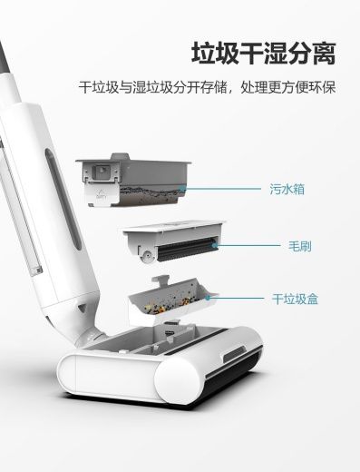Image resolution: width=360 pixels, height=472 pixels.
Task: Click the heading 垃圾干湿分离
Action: pyautogui.click(x=264, y=54)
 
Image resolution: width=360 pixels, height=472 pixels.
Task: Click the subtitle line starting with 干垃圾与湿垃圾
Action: pyautogui.click(x=207, y=87)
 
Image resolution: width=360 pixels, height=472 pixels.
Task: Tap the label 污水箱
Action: pyautogui.click(x=287, y=189)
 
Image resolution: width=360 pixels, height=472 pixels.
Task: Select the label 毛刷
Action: pyautogui.click(x=299, y=246)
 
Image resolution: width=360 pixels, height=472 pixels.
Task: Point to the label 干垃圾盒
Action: pyautogui.click(x=295, y=299)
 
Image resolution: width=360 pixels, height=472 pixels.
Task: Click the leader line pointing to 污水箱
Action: pyautogui.click(x=222, y=189)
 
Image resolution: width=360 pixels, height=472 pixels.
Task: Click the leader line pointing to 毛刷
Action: pyautogui.click(x=248, y=245)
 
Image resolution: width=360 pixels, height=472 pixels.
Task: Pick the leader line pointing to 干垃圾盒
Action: pyautogui.click(x=237, y=298)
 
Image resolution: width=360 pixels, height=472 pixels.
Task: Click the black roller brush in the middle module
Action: pyautogui.click(x=187, y=250)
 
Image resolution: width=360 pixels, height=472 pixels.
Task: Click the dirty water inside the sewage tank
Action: pyautogui.click(x=151, y=193)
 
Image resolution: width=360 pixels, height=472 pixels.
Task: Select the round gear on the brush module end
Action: pyautogui.click(x=147, y=256)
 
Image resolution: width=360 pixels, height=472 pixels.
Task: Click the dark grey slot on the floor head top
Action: pyautogui.click(x=234, y=355)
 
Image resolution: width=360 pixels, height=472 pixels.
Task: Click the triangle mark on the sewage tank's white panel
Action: pyautogui.click(x=100, y=193)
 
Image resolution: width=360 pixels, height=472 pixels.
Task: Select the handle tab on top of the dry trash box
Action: pyautogui.click(x=161, y=281)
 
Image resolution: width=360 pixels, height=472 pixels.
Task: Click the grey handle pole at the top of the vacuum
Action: pyautogui.click(x=6, y=57)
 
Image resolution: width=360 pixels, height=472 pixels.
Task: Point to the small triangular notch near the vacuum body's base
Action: pyautogui.click(x=83, y=308)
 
